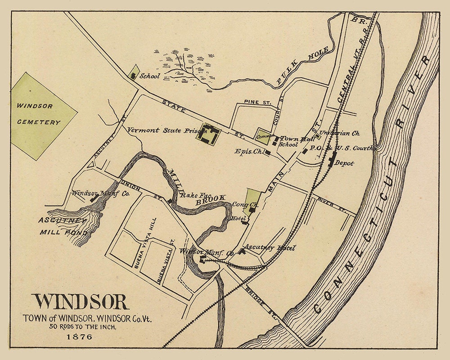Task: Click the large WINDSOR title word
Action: point(81,302)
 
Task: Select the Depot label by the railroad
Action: point(344,163)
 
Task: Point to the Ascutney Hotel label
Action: point(269,248)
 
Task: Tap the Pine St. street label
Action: point(257,103)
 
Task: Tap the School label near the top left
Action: point(149,76)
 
